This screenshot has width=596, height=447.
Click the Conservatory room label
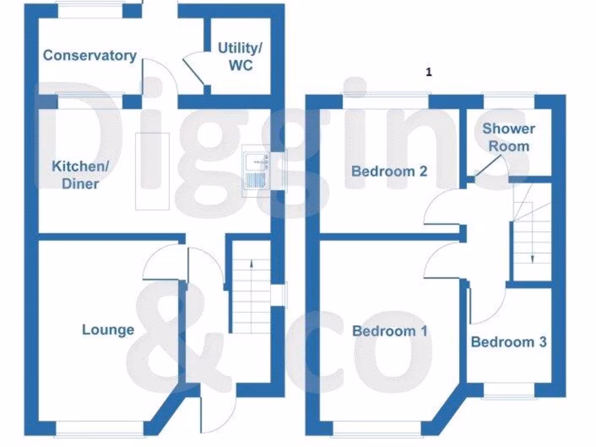(90, 55)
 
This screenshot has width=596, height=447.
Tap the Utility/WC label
(240, 56)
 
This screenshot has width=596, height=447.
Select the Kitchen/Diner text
(80, 175)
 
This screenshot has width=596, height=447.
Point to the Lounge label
(108, 329)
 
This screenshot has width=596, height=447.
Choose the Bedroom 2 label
(389, 171)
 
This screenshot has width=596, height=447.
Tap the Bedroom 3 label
(508, 342)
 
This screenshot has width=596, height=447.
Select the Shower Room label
(508, 137)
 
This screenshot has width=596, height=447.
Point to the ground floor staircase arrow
(251, 264)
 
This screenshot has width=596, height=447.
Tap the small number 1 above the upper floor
(429, 72)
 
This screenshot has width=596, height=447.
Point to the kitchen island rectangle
(152, 171)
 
